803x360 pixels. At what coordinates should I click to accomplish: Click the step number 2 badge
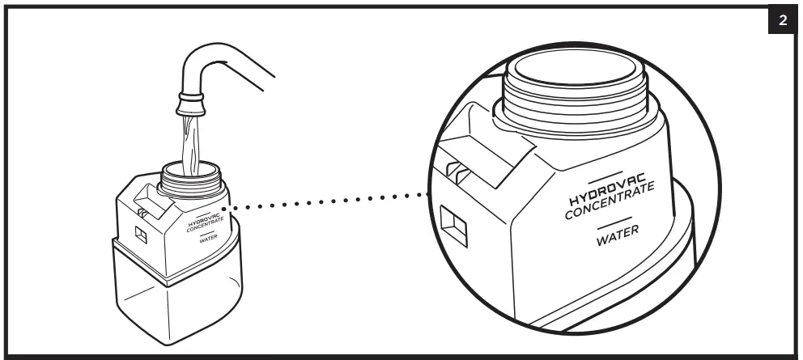click(x=782, y=20)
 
